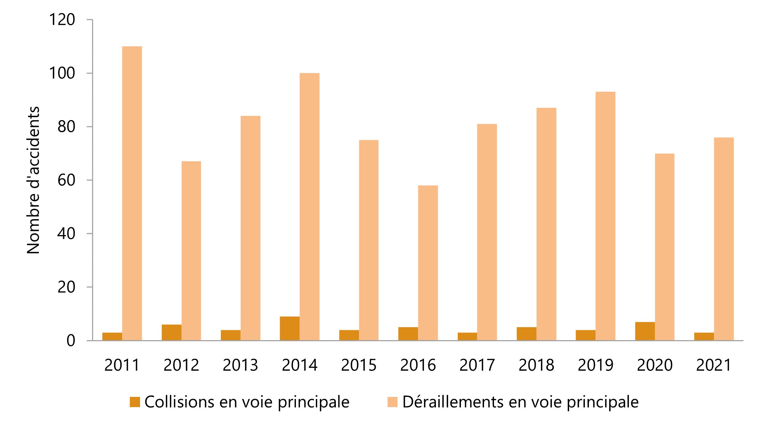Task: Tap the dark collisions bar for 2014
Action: point(290,328)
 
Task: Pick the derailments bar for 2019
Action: point(605,216)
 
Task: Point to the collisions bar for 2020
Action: point(645,331)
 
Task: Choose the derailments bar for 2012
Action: point(191,251)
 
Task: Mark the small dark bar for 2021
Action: point(704,336)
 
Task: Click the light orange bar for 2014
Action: point(309,207)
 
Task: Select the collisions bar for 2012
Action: point(171,332)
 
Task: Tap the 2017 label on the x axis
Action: point(477,365)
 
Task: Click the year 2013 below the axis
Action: point(240,365)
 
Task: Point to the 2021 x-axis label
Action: point(714,365)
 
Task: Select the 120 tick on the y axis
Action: point(62,20)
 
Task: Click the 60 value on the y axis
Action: point(66,180)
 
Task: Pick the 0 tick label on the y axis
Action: point(71,341)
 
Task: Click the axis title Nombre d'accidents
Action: point(33,180)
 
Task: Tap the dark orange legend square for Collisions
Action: point(135,402)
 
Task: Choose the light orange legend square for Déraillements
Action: point(392,402)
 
